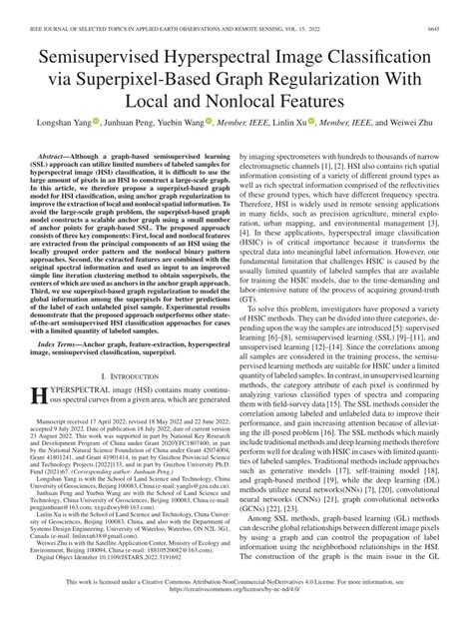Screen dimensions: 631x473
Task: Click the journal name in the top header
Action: click(x=180, y=8)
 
